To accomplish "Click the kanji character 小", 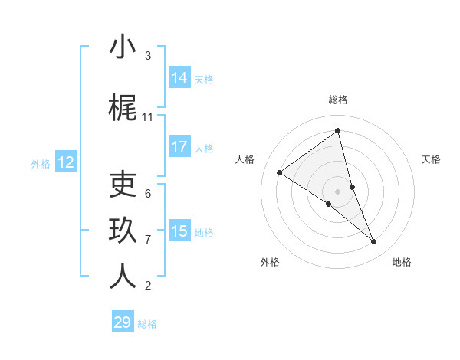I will tap(123, 47).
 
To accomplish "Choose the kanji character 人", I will tap(123, 277).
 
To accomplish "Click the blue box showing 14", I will tap(179, 78).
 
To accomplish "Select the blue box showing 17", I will tap(179, 147).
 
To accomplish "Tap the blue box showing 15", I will tap(179, 231).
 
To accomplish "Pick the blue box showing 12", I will tap(65, 162).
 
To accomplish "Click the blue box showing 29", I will tap(123, 322).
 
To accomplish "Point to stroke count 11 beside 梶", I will tap(148, 117).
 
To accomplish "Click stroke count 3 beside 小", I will tap(148, 56).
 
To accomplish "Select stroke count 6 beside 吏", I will tap(148, 193).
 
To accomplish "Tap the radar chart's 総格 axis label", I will tap(337, 100).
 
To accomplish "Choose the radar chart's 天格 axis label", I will tap(431, 159).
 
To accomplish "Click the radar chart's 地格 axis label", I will tap(402, 262).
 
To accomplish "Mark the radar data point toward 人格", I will tap(280, 172).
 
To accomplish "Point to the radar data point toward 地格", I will tap(374, 241).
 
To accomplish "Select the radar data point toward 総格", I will tap(337, 131).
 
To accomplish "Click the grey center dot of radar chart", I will tap(337, 191).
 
